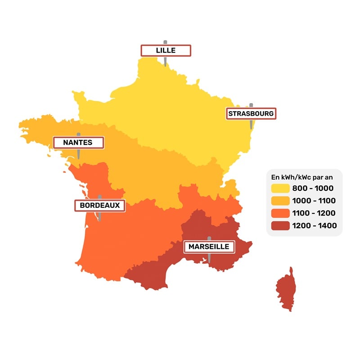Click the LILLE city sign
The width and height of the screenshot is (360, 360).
pyautogui.click(x=166, y=50)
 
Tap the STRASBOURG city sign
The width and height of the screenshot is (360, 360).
pyautogui.click(x=251, y=113)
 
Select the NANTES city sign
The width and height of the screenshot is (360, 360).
pyautogui.click(x=78, y=143)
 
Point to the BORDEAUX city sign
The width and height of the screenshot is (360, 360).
pyautogui.click(x=99, y=205)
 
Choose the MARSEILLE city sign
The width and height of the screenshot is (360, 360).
pyautogui.click(x=209, y=247)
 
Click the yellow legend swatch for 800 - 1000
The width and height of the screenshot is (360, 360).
pyautogui.click(x=280, y=188)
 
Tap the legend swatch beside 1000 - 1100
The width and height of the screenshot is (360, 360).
pyautogui.click(x=280, y=201)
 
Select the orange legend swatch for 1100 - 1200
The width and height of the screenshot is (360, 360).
pyautogui.click(x=280, y=213)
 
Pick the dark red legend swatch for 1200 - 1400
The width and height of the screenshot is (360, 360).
pyautogui.click(x=280, y=225)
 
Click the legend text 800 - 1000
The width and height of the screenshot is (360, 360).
pyautogui.click(x=313, y=188)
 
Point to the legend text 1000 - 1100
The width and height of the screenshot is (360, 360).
pyautogui.click(x=314, y=201)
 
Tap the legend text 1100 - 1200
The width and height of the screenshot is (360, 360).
pyautogui.click(x=314, y=213)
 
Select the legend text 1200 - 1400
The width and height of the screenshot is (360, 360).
pyautogui.click(x=314, y=225)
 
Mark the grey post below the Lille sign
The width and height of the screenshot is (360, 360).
pyautogui.click(x=165, y=62)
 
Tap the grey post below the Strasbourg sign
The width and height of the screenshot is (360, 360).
pyautogui.click(x=251, y=125)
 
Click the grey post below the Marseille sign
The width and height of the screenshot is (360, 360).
pyautogui.click(x=209, y=258)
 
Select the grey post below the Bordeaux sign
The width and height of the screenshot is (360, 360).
pyautogui.click(x=99, y=216)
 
